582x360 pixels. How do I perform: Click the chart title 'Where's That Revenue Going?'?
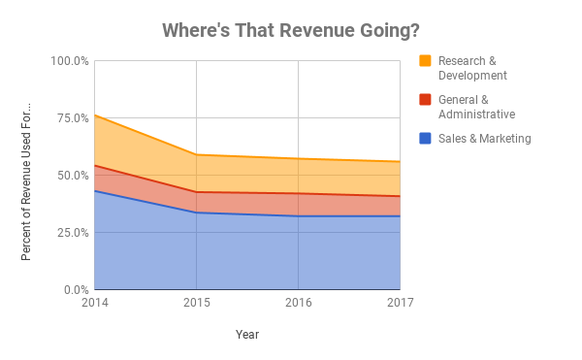tap(291, 30)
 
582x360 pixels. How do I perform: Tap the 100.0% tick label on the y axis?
tap(69, 61)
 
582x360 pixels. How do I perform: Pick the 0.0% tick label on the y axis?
tap(75, 290)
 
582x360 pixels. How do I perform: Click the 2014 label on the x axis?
tap(95, 303)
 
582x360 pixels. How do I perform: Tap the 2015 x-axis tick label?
tap(196, 303)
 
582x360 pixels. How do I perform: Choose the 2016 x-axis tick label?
tap(298, 303)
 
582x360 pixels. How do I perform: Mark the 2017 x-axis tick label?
tap(400, 303)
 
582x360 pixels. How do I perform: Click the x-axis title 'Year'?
tap(247, 335)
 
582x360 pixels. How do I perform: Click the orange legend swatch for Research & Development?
tap(425, 61)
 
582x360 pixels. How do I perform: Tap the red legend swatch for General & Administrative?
tap(425, 100)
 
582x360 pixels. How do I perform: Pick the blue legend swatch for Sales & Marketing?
tap(425, 139)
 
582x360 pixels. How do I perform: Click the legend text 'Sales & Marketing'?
tap(484, 139)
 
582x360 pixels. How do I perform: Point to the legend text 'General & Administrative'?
tap(476, 107)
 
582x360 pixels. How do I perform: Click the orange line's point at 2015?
tap(197, 155)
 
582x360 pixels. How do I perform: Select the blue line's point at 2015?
tap(197, 213)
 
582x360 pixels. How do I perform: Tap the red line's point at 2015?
tap(197, 192)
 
